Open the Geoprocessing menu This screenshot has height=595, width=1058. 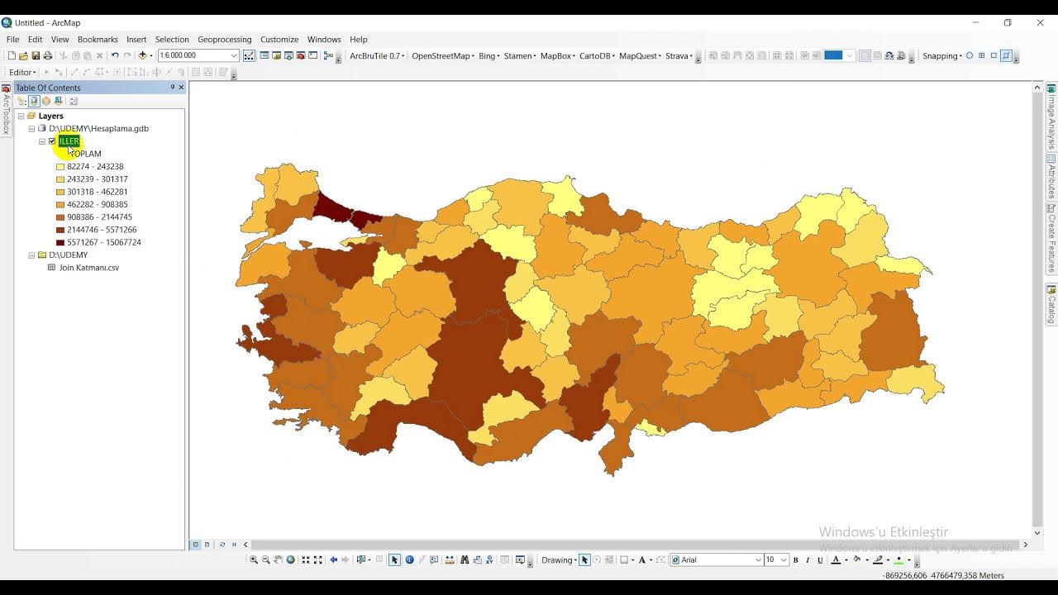(x=224, y=40)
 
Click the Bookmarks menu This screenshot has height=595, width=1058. (x=98, y=40)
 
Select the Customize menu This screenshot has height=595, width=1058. (x=279, y=40)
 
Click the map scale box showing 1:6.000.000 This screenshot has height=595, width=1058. (x=193, y=55)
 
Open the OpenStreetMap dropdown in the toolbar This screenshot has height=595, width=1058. (x=442, y=56)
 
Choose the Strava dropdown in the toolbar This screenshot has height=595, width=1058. (x=678, y=56)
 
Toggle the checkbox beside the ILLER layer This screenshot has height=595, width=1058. (x=52, y=141)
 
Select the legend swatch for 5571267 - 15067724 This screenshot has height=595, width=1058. (x=60, y=243)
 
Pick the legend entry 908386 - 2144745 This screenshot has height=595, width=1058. (x=99, y=217)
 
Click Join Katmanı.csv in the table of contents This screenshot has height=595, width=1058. (x=88, y=268)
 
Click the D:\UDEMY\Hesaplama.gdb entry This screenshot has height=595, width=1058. (x=98, y=129)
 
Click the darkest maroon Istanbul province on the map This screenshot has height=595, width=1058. (x=333, y=207)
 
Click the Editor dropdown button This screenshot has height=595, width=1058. (x=22, y=73)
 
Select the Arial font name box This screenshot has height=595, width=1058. (x=716, y=560)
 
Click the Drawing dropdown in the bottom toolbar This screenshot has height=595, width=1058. (x=559, y=560)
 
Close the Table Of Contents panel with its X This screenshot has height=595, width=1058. (x=181, y=88)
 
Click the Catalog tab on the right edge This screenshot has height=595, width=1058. (x=1051, y=305)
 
